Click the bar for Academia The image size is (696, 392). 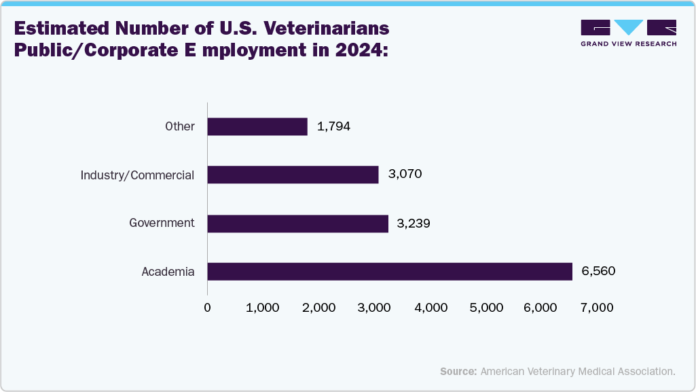click(390, 272)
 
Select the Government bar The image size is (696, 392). click(297, 224)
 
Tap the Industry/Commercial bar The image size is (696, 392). click(293, 175)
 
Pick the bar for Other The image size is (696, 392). click(257, 126)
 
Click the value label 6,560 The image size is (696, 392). click(598, 272)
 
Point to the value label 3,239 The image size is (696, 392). click(414, 224)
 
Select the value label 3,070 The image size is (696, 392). click(405, 175)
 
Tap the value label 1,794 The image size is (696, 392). click(333, 126)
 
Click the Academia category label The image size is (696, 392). click(168, 272)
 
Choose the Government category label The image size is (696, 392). click(162, 223)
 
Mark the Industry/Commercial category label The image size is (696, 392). click(137, 175)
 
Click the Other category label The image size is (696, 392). click(180, 126)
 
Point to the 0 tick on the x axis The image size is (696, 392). click(207, 308)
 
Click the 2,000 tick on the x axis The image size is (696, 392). click(319, 308)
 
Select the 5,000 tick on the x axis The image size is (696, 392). click(486, 308)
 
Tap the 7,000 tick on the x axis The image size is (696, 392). click(598, 308)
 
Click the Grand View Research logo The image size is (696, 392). click(628, 33)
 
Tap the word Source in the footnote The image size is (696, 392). click(458, 372)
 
